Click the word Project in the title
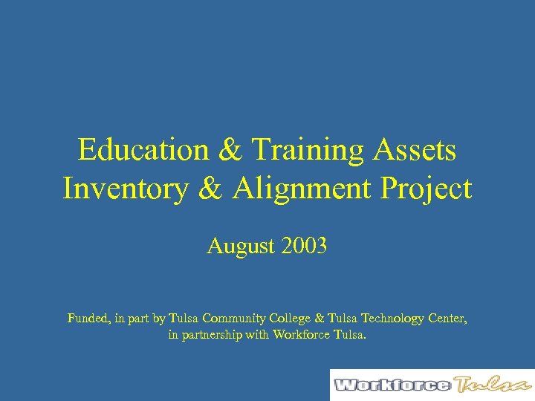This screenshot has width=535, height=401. point(428,189)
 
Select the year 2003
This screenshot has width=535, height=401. point(304,246)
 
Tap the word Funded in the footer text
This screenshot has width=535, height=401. point(88,319)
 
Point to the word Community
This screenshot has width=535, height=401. point(239,319)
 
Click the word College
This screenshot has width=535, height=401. point(289,319)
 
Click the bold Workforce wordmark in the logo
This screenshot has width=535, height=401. point(392,385)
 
